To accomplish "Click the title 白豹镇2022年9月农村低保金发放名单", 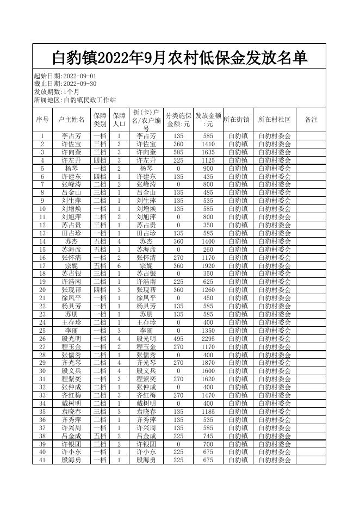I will coord(179,57).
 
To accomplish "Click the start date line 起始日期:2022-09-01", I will coord(65,76).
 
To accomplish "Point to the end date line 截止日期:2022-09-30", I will coord(65,84).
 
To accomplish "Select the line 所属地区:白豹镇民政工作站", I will coord(75,100).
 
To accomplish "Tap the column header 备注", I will coord(311,120).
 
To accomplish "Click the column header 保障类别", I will coord(100,120).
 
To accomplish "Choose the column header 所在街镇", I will coord(237,120).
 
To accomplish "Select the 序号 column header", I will coord(42,120).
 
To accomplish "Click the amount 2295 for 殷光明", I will coord(208,339).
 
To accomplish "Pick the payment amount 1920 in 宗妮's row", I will coord(208,266).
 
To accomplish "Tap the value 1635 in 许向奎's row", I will coord(208,152).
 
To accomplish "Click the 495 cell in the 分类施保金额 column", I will coord(178,339).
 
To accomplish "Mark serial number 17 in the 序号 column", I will coord(42,266).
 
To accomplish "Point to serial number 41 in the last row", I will coord(42,460).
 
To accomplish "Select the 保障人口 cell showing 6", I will coord(119,266).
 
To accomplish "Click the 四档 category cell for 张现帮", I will coord(100,290).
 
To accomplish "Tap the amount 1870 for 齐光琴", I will coord(208,363).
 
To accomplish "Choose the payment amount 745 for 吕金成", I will coord(208,436).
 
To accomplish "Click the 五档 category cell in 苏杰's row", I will coord(100,241).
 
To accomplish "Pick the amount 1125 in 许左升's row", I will coord(208,160).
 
